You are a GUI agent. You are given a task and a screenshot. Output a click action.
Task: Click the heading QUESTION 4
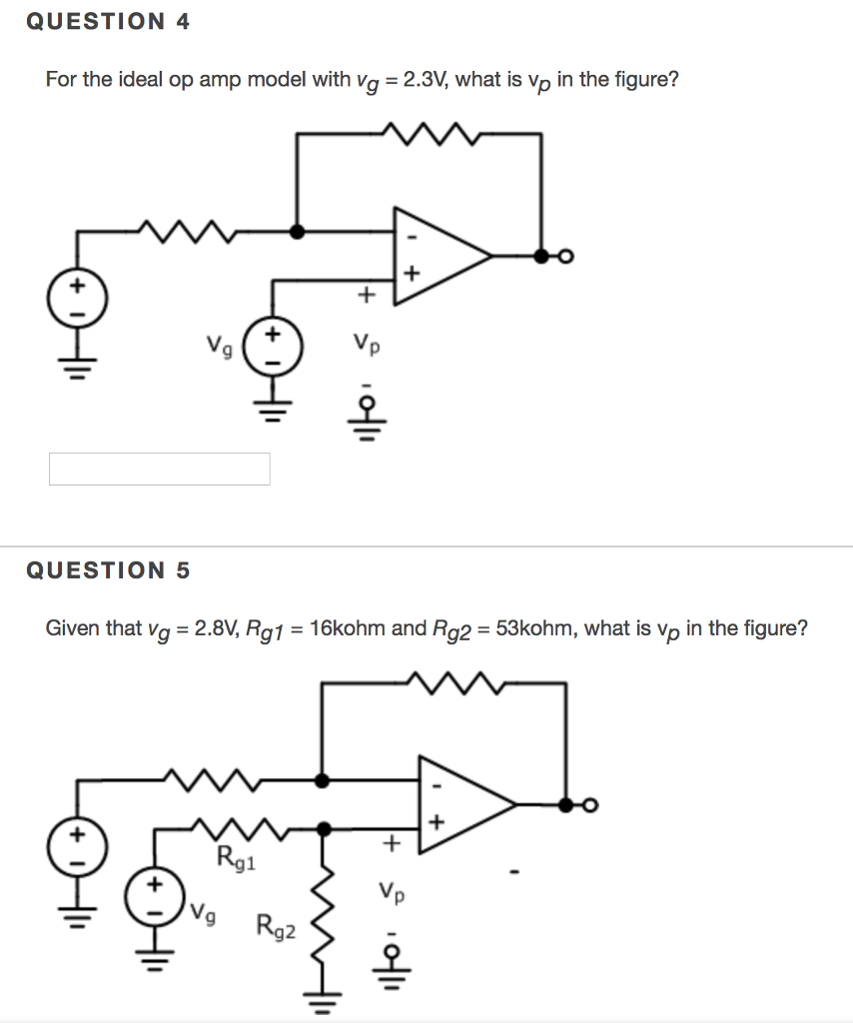point(108,21)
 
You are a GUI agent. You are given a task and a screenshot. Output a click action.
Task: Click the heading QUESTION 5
point(108,570)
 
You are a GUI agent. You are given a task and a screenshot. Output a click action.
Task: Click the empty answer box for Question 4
point(159,469)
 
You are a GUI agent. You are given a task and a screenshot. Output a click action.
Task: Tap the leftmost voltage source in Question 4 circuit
point(76,296)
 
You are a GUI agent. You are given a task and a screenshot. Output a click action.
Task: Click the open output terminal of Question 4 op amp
point(565,257)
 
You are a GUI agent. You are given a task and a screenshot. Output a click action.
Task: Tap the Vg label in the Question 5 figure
point(204,910)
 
